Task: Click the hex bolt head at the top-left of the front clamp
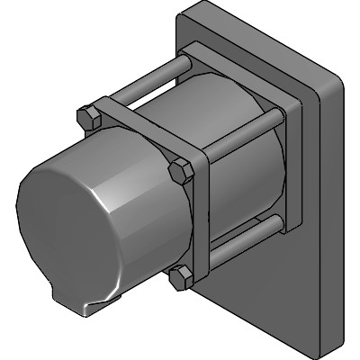pyautogui.click(x=88, y=118)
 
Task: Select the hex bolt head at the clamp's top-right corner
pyautogui.click(x=182, y=170)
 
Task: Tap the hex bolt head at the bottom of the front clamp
pyautogui.click(x=183, y=277)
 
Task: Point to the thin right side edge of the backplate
pyautogui.click(x=335, y=207)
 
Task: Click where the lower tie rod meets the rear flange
pyautogui.click(x=278, y=221)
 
